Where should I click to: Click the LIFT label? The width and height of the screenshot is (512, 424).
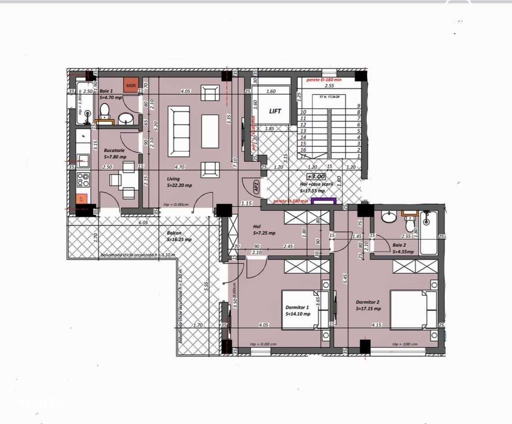[x=275, y=112]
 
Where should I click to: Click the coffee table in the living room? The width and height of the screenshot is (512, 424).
[x=210, y=131]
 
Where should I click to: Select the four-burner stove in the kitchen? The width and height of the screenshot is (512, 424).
[x=83, y=179]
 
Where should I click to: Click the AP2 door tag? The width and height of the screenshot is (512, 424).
[x=256, y=186]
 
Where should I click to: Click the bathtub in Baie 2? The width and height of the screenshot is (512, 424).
[x=428, y=233]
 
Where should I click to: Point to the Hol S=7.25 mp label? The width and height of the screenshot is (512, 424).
[x=263, y=229]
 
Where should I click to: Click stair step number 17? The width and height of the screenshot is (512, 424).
[x=303, y=156]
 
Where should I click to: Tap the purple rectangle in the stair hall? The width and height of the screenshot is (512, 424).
[x=324, y=201]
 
